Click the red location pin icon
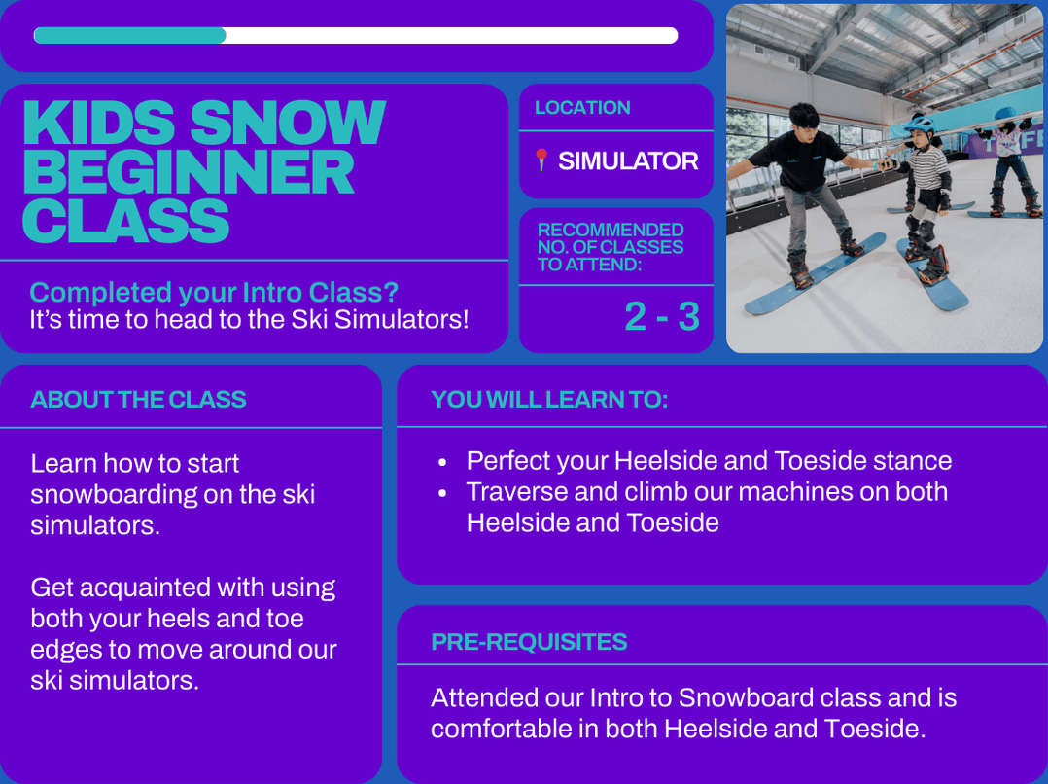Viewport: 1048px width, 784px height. (541, 160)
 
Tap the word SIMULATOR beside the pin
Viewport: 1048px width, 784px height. (628, 161)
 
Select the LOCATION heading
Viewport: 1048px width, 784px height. (582, 108)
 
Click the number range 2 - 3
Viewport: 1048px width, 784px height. (662, 316)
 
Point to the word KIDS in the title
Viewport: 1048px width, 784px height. (99, 122)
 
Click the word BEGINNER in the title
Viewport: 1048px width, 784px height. (189, 172)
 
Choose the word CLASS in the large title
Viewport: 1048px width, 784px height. (126, 221)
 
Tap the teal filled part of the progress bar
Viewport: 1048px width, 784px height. (129, 35)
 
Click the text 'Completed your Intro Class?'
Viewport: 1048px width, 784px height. (214, 293)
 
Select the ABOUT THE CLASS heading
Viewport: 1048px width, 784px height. (138, 400)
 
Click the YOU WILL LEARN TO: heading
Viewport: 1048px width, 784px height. (549, 400)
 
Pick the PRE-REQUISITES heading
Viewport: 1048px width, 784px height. (529, 642)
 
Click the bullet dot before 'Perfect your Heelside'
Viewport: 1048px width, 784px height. (442, 462)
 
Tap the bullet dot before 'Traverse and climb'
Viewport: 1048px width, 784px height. (442, 493)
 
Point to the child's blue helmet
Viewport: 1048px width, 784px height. (919, 125)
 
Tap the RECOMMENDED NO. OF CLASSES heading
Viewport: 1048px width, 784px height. (611, 247)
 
